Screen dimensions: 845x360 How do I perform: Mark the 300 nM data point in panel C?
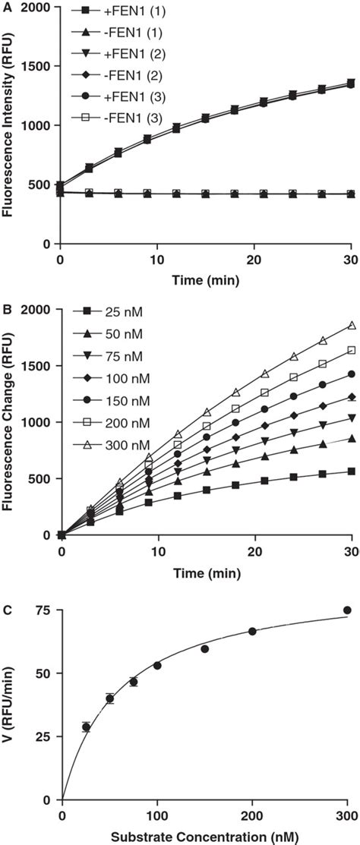point(347,589)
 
